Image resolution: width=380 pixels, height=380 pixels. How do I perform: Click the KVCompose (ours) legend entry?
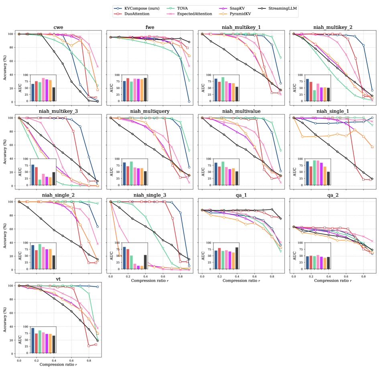pos(140,8)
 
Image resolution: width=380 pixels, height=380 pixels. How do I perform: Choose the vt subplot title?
pos(58,279)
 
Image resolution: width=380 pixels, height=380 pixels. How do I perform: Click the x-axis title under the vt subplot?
pos(58,364)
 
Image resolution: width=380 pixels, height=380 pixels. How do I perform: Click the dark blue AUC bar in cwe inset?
pos(33,92)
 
